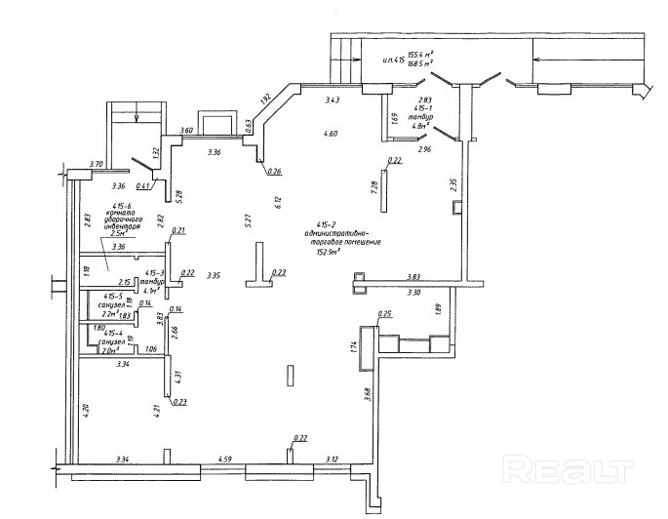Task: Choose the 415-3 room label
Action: [155, 272]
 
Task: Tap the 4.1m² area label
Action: [151, 290]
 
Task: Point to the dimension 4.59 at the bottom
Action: [225, 459]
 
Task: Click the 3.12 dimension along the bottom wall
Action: [332, 459]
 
